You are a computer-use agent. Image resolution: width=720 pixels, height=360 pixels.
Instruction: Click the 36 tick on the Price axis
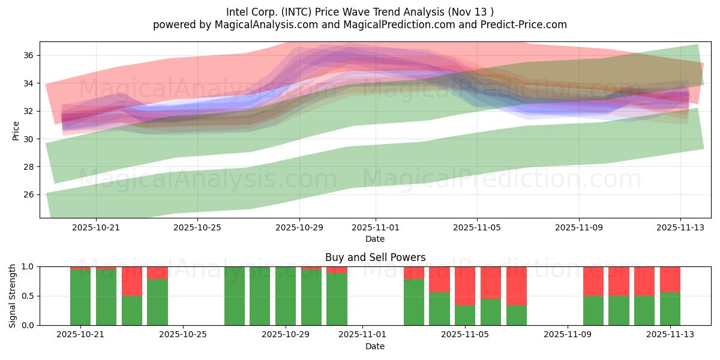(28, 55)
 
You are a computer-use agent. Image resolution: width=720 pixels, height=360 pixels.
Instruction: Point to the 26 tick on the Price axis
(28, 194)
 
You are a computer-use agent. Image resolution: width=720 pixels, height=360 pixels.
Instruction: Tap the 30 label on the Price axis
(28, 139)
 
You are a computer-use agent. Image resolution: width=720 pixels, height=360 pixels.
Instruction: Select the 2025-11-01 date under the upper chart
(376, 228)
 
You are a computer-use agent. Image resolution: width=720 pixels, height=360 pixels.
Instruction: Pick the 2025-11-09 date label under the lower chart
(566, 335)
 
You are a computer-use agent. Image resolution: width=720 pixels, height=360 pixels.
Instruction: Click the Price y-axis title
(16, 130)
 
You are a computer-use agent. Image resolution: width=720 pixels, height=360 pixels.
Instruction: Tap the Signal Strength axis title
(13, 296)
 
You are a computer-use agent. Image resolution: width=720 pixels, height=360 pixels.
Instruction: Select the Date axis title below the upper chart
(375, 239)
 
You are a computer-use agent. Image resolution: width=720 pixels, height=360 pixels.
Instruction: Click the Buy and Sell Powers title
(375, 257)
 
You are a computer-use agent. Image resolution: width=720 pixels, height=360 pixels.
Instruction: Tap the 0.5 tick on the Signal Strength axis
(28, 296)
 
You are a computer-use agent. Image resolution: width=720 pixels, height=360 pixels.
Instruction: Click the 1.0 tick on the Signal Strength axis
(28, 266)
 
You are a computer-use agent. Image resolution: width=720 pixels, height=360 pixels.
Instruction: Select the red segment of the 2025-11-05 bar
(465, 286)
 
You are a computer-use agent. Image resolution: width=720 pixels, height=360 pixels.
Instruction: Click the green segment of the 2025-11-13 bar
(670, 308)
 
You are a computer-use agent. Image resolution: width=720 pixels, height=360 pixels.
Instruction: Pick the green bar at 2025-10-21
(80, 297)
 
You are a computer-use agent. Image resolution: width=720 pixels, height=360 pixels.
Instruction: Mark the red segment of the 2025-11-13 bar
(670, 279)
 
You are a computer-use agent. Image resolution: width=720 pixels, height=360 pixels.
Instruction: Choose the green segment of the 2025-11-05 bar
(465, 315)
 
